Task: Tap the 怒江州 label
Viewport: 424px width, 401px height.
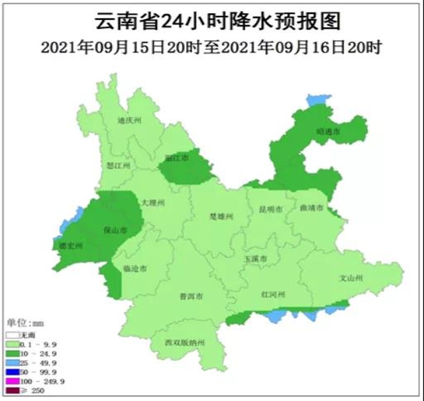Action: tap(119, 165)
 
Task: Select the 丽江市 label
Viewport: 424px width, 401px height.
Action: tap(177, 159)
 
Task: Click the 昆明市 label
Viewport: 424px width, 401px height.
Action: tap(271, 209)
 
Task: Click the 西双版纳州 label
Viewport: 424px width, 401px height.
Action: tap(185, 343)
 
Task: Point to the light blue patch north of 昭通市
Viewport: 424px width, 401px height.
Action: tap(318, 100)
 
